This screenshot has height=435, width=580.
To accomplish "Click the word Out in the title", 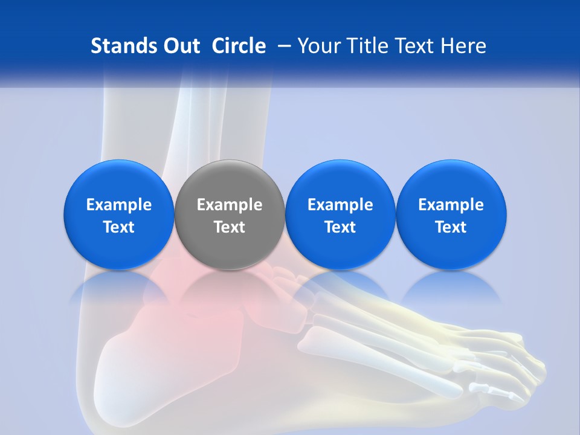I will point(180,46).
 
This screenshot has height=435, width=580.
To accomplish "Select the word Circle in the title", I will point(239,46).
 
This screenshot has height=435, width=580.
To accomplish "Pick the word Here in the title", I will point(464,46).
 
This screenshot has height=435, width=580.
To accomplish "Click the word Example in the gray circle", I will point(230,205).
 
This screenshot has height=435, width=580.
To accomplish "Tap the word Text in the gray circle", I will point(230,227).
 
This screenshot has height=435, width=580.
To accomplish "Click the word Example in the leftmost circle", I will point(119,205).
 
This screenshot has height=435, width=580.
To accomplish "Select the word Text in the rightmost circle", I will point(451,227).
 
